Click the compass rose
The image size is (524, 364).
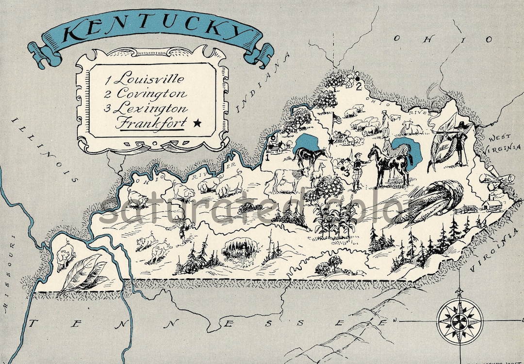coord(459,320)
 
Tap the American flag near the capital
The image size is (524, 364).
coord(336,118)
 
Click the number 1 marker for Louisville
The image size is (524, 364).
coord(267,157)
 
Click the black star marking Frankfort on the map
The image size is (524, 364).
coord(331,142)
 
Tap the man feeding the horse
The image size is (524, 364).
coord(358,170)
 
